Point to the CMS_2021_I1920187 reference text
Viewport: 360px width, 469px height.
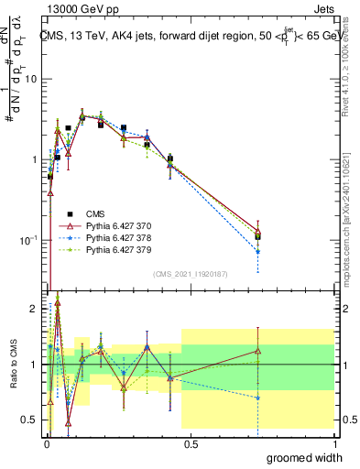tap(189, 274)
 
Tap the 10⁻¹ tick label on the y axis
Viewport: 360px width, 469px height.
tap(28, 240)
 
